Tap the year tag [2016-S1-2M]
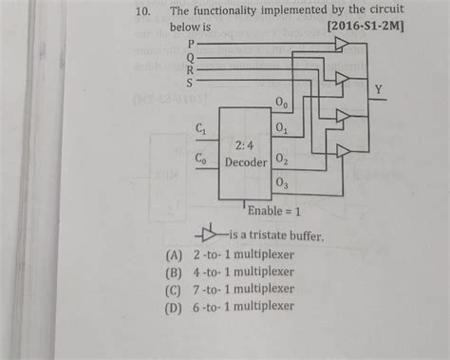(364, 28)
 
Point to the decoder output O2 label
(282, 157)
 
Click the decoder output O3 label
(282, 183)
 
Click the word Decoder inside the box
(246, 162)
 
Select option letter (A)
(174, 256)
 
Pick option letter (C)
(174, 289)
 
